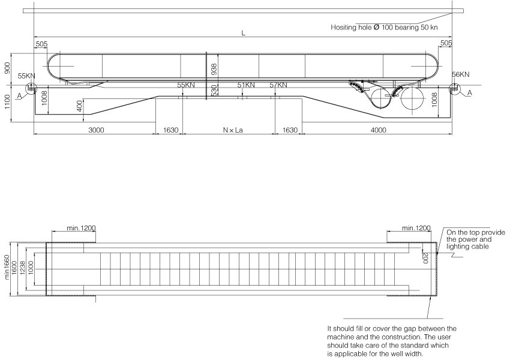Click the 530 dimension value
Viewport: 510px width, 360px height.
point(214,90)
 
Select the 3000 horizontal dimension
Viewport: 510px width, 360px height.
point(94,130)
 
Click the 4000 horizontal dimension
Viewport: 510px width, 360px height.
point(377,130)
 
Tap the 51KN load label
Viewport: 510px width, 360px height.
point(245,85)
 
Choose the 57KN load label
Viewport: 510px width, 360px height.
point(278,85)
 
